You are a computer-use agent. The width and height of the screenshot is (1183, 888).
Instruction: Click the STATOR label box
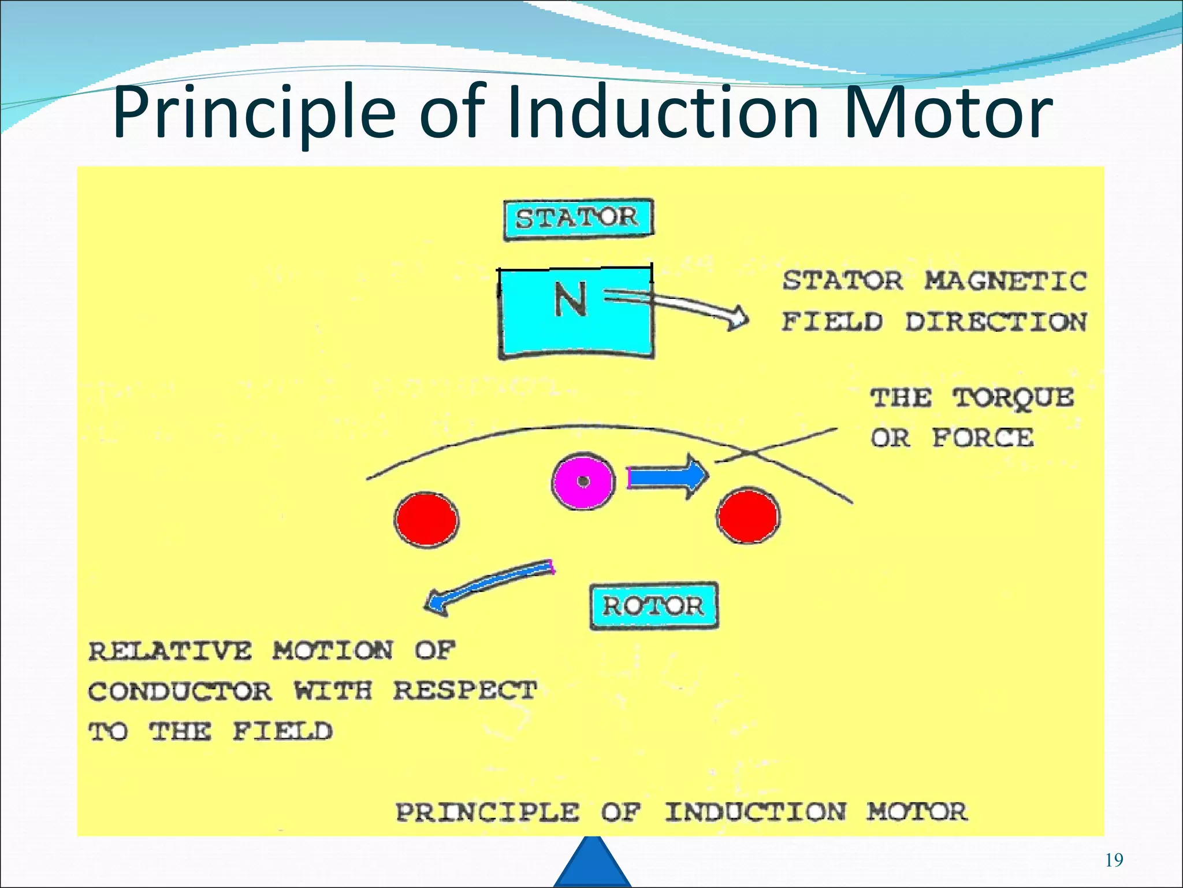click(578, 219)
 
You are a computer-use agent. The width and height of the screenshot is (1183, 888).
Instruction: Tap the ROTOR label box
click(653, 606)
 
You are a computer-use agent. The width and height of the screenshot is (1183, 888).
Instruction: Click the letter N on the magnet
click(570, 299)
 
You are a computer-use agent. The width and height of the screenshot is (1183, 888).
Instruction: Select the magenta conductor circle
click(583, 482)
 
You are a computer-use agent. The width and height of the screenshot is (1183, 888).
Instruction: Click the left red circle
click(426, 520)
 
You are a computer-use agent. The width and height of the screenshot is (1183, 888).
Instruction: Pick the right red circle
click(748, 516)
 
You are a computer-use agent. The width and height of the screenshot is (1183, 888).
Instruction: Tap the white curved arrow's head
click(736, 319)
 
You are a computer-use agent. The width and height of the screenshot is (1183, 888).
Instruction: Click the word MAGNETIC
click(1006, 282)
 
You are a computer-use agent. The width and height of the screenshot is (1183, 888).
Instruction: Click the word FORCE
click(983, 438)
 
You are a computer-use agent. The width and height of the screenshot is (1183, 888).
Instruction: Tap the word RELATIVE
click(170, 651)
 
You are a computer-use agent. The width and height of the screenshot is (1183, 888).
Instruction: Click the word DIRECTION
click(995, 322)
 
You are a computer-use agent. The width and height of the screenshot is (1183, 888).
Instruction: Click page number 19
click(1114, 860)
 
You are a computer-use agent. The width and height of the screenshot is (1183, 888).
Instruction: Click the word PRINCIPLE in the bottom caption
click(487, 812)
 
